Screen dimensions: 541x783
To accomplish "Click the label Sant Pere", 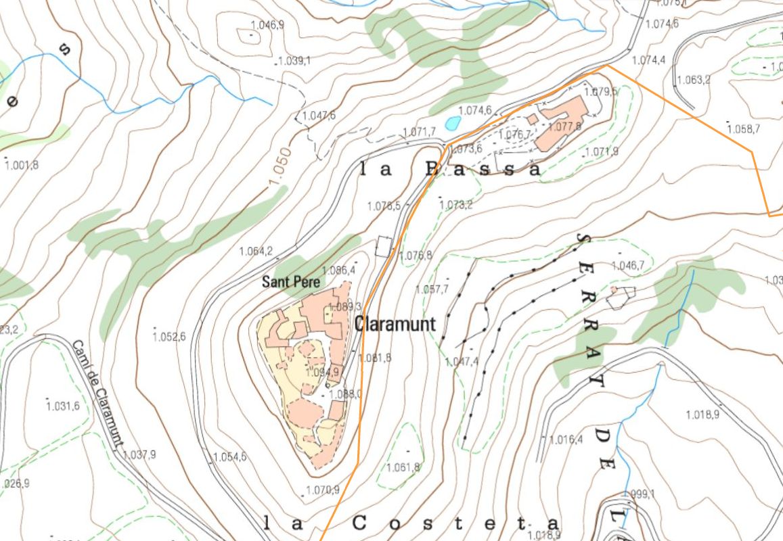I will [x=290, y=283].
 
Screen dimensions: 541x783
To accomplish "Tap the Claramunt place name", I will [x=395, y=323].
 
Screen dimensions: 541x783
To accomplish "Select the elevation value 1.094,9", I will [x=323, y=372].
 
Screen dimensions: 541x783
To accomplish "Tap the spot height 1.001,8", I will [x=22, y=165].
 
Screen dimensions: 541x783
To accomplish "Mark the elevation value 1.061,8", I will [x=403, y=467].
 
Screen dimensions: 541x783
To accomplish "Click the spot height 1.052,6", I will [x=170, y=337].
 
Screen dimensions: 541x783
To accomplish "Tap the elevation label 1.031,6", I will [x=63, y=406].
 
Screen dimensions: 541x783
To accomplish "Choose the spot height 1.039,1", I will [x=293, y=61].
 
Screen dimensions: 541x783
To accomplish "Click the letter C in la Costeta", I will [x=359, y=523].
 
